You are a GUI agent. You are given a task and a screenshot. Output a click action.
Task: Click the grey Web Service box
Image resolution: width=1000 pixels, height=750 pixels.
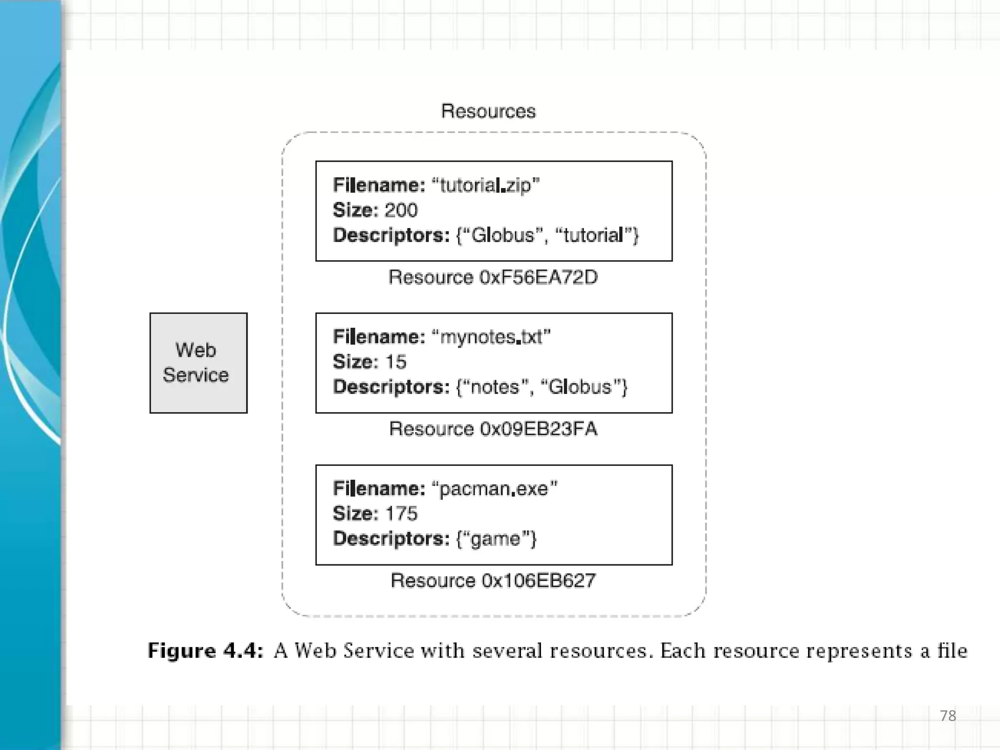pos(198,363)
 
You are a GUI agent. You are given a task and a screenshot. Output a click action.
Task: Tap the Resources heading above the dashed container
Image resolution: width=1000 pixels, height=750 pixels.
pos(488,111)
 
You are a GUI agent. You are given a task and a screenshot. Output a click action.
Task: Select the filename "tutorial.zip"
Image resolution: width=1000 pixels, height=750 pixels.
pos(485,186)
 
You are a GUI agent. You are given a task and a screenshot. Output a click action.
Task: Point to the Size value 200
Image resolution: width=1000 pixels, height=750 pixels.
pos(401,210)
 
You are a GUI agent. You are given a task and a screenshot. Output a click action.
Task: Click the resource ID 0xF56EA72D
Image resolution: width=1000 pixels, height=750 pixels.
pos(538,277)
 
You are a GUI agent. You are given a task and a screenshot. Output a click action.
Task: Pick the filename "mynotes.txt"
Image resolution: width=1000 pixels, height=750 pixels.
pos(491,337)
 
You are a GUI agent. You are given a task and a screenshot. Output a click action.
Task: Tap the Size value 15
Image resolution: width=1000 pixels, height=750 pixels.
pos(396,362)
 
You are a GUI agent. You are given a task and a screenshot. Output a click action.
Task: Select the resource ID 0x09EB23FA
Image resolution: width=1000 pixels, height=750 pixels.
pos(538,429)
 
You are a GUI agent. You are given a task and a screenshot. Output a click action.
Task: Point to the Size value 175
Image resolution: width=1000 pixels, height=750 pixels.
pos(401,514)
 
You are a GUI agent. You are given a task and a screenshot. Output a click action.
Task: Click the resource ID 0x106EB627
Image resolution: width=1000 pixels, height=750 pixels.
pos(538,581)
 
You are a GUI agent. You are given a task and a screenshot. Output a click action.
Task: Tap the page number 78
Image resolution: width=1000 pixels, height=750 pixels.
pos(948,716)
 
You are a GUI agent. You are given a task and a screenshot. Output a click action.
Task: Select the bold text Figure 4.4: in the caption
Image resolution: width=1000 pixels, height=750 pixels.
pos(206,651)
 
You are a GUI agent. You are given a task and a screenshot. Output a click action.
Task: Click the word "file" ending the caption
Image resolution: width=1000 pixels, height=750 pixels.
pos(952,651)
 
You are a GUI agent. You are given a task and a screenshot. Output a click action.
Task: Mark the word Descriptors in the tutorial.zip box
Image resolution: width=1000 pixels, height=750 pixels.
pos(391,235)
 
